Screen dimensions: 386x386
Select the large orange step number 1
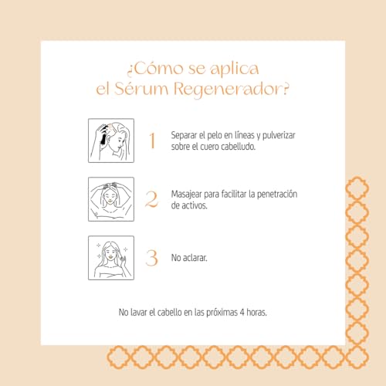pyautogui.click(x=152, y=141)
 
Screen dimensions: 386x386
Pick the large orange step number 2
pyautogui.click(x=152, y=199)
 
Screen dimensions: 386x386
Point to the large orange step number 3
pyautogui.click(x=152, y=257)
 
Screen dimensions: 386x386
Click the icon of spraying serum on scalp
pyautogui.click(x=111, y=141)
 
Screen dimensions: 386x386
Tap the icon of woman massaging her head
pyautogui.click(x=111, y=199)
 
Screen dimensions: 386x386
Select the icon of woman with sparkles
pyautogui.click(x=111, y=257)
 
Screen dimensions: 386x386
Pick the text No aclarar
pyautogui.click(x=191, y=257)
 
